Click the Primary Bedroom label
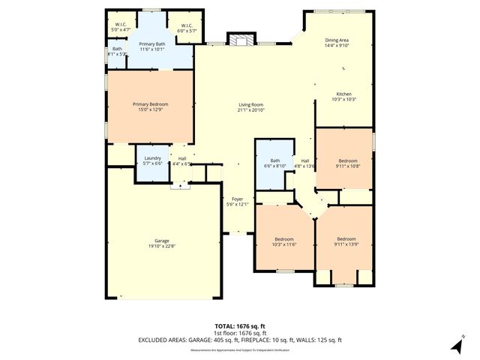(151, 104)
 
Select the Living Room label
(251, 105)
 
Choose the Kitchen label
(343, 94)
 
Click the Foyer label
(236, 199)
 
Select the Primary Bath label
(152, 45)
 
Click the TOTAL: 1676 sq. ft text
(239, 326)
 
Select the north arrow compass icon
(454, 346)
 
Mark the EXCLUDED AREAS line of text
(239, 340)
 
